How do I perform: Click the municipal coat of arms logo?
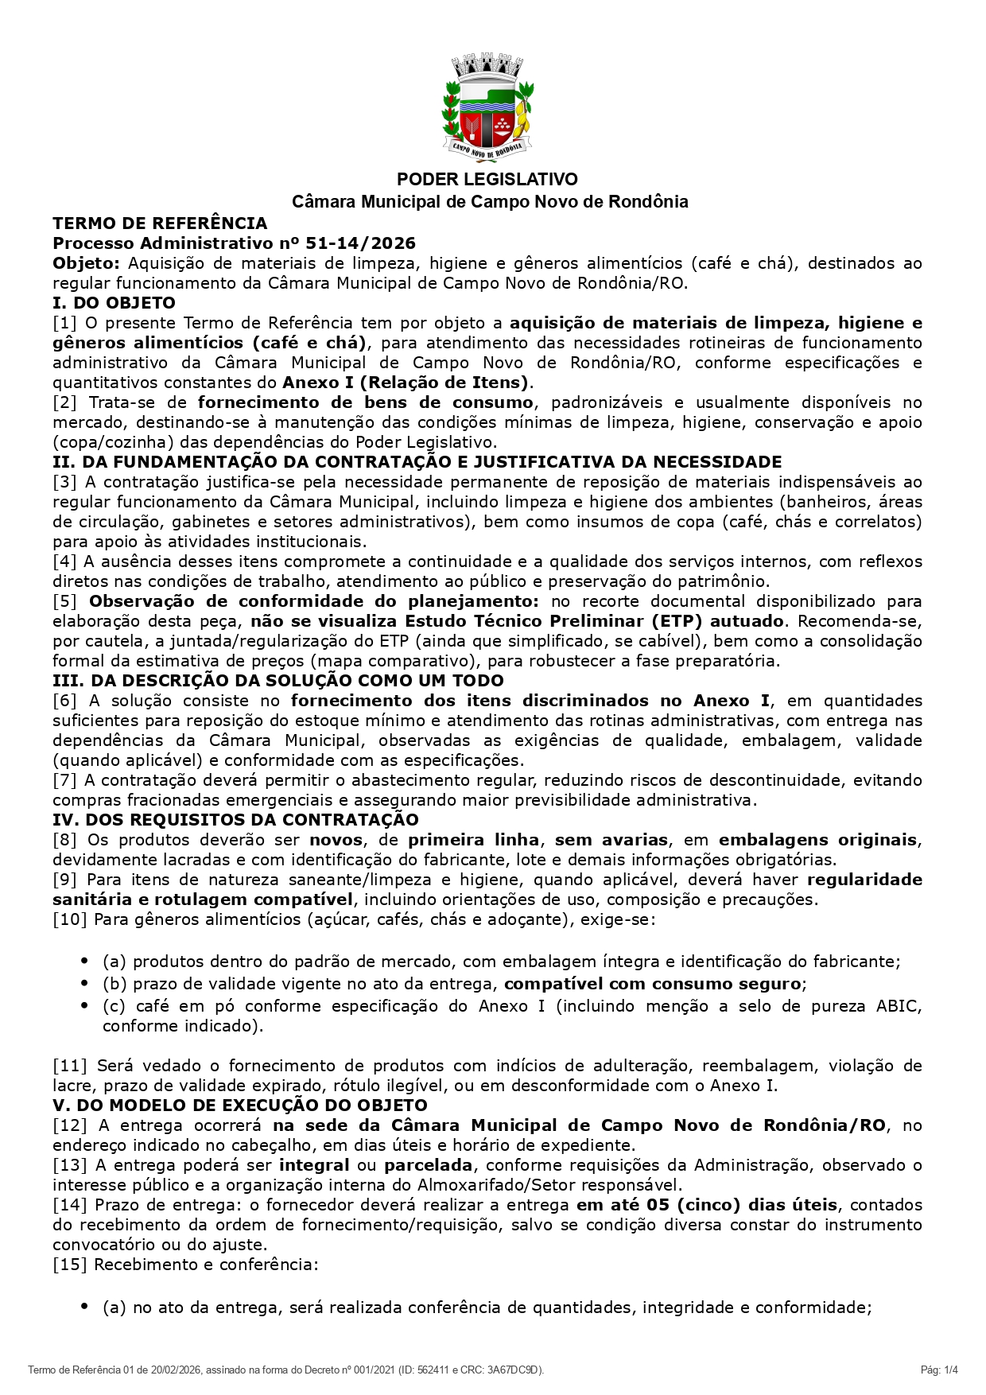pyautogui.click(x=487, y=108)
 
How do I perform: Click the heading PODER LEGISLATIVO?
pyautogui.click(x=487, y=179)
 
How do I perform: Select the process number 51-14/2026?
pyautogui.click(x=360, y=243)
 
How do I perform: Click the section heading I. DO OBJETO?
pyautogui.click(x=114, y=303)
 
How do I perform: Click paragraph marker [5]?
pyautogui.click(x=65, y=601)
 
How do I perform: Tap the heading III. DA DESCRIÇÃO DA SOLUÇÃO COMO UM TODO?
pyautogui.click(x=278, y=681)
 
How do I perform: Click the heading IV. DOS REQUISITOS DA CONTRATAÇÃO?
pyautogui.click(x=235, y=820)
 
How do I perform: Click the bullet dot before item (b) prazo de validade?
pyautogui.click(x=85, y=984)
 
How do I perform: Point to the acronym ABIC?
pyautogui.click(x=899, y=1006)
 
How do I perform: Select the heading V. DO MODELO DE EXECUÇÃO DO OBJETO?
pyautogui.click(x=240, y=1106)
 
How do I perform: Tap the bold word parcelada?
pyautogui.click(x=429, y=1165)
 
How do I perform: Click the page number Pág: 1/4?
pyautogui.click(x=939, y=1370)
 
